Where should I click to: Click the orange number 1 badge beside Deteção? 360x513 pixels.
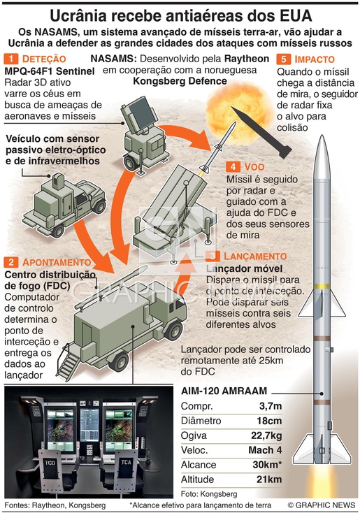coord(10,59)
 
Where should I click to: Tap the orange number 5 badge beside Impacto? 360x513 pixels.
coord(283,59)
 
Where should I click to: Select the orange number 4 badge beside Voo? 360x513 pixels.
coord(233,166)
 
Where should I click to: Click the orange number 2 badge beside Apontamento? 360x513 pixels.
coord(11,262)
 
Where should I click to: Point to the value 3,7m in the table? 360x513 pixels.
coord(271,406)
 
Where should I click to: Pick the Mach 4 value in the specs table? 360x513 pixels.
coord(265,450)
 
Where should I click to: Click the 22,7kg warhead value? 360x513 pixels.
coord(266,435)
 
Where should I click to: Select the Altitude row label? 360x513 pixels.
coord(197,479)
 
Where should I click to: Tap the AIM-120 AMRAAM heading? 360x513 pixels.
coord(224,391)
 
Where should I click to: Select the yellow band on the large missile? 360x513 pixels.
coord(322,286)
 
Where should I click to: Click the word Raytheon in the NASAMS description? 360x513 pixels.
coord(247,59)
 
